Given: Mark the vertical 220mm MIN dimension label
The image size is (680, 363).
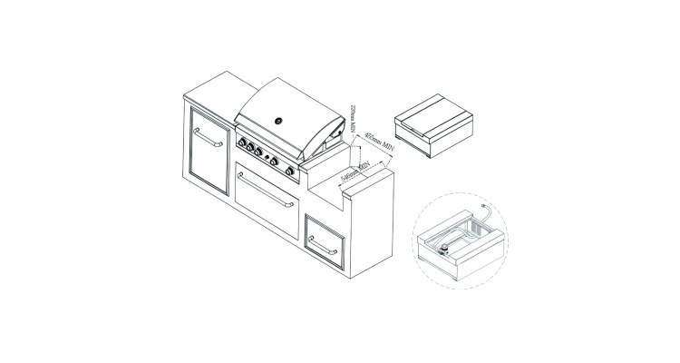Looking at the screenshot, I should [x=353, y=119].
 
